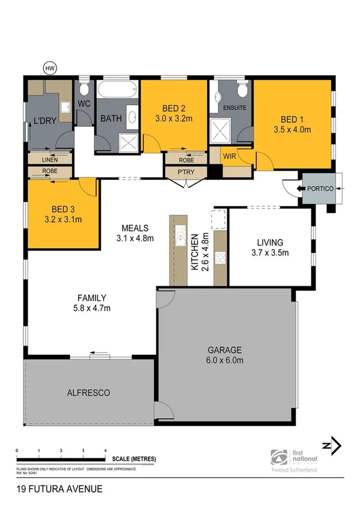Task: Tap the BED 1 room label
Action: click(292, 118)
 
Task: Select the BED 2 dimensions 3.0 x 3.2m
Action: click(173, 118)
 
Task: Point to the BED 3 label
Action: click(63, 209)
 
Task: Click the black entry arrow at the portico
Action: click(301, 189)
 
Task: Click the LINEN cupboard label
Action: click(50, 160)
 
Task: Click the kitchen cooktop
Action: click(220, 258)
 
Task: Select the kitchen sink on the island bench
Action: click(179, 234)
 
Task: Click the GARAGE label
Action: click(225, 350)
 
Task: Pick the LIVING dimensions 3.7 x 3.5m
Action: click(270, 253)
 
